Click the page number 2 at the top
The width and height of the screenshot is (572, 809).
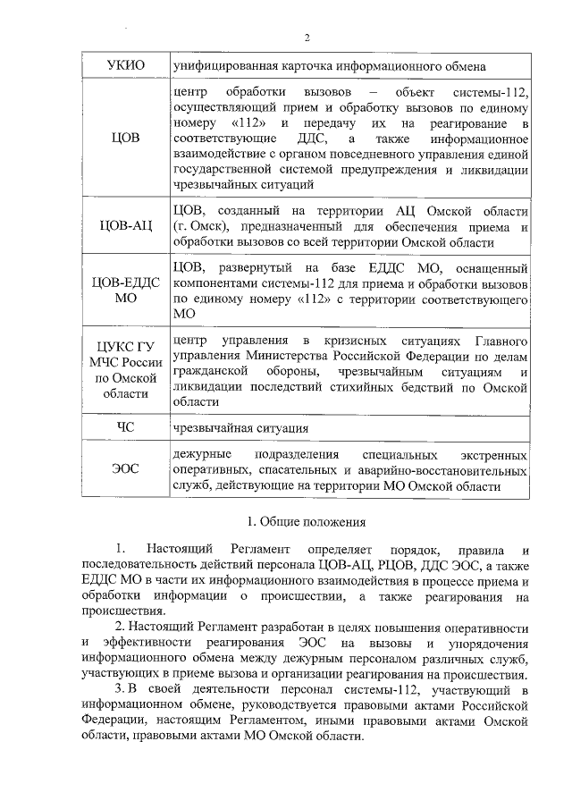pyautogui.click(x=306, y=37)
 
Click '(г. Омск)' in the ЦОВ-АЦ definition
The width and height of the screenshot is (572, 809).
pyautogui.click(x=201, y=226)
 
